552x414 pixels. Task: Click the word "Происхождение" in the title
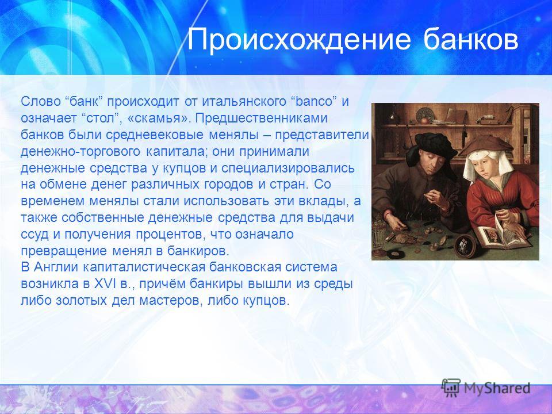coord(299,40)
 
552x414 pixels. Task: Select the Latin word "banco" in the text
coord(314,101)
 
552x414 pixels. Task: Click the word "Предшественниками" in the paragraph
coord(262,118)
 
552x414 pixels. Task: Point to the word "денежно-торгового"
coord(81,152)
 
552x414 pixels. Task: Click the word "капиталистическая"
coord(144,267)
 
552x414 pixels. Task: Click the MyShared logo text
coord(497,388)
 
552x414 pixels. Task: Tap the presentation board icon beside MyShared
coord(451,388)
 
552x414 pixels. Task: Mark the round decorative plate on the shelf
coord(425,115)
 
